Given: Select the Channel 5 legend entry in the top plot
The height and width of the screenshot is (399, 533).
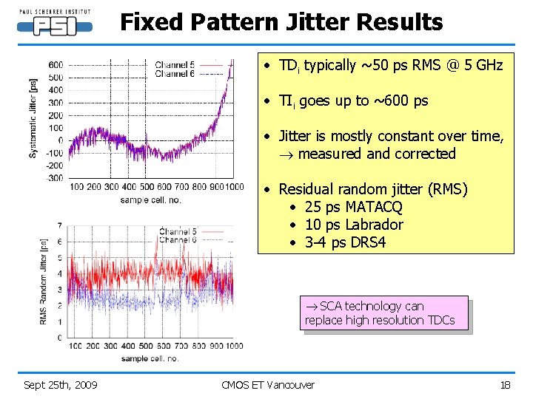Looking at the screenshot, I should coord(175,65).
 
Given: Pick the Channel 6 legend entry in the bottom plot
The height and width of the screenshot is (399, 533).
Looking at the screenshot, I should coord(178,239).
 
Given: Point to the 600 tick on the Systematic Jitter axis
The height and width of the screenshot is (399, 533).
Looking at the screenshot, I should coord(56,65).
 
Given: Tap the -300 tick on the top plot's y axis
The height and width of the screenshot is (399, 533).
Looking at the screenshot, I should coord(54,178).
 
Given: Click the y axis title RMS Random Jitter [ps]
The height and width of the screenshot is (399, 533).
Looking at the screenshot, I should coord(43,280).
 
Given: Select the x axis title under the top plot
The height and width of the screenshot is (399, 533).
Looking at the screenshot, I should coord(150,200).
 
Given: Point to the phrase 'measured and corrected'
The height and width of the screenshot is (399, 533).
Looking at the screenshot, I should coord(377,154).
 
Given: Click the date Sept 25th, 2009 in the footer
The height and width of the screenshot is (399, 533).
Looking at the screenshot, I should coord(61,384).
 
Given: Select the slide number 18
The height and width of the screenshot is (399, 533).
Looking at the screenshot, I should coord(506,384).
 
